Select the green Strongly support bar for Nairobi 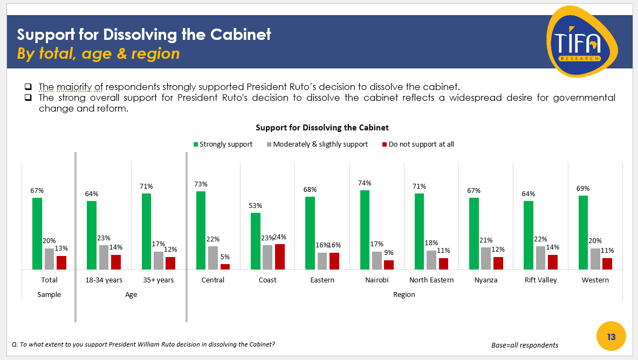365,230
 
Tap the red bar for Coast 279,257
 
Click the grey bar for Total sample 49,259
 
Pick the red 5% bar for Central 225,266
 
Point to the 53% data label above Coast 255,205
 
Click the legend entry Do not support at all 418,144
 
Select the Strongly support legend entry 223,144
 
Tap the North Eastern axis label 431,280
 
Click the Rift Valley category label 540,280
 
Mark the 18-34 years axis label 104,280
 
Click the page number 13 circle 611,337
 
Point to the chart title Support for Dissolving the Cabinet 322,128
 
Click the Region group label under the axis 404,294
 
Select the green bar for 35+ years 146,231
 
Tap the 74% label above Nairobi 365,183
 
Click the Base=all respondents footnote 524,345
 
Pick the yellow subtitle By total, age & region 98,54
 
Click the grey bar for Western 595,259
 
